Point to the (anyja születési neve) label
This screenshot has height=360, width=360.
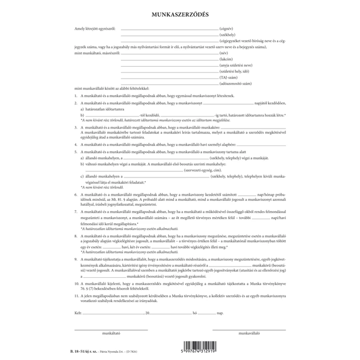(236, 65)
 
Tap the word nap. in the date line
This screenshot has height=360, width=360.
(220, 313)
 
